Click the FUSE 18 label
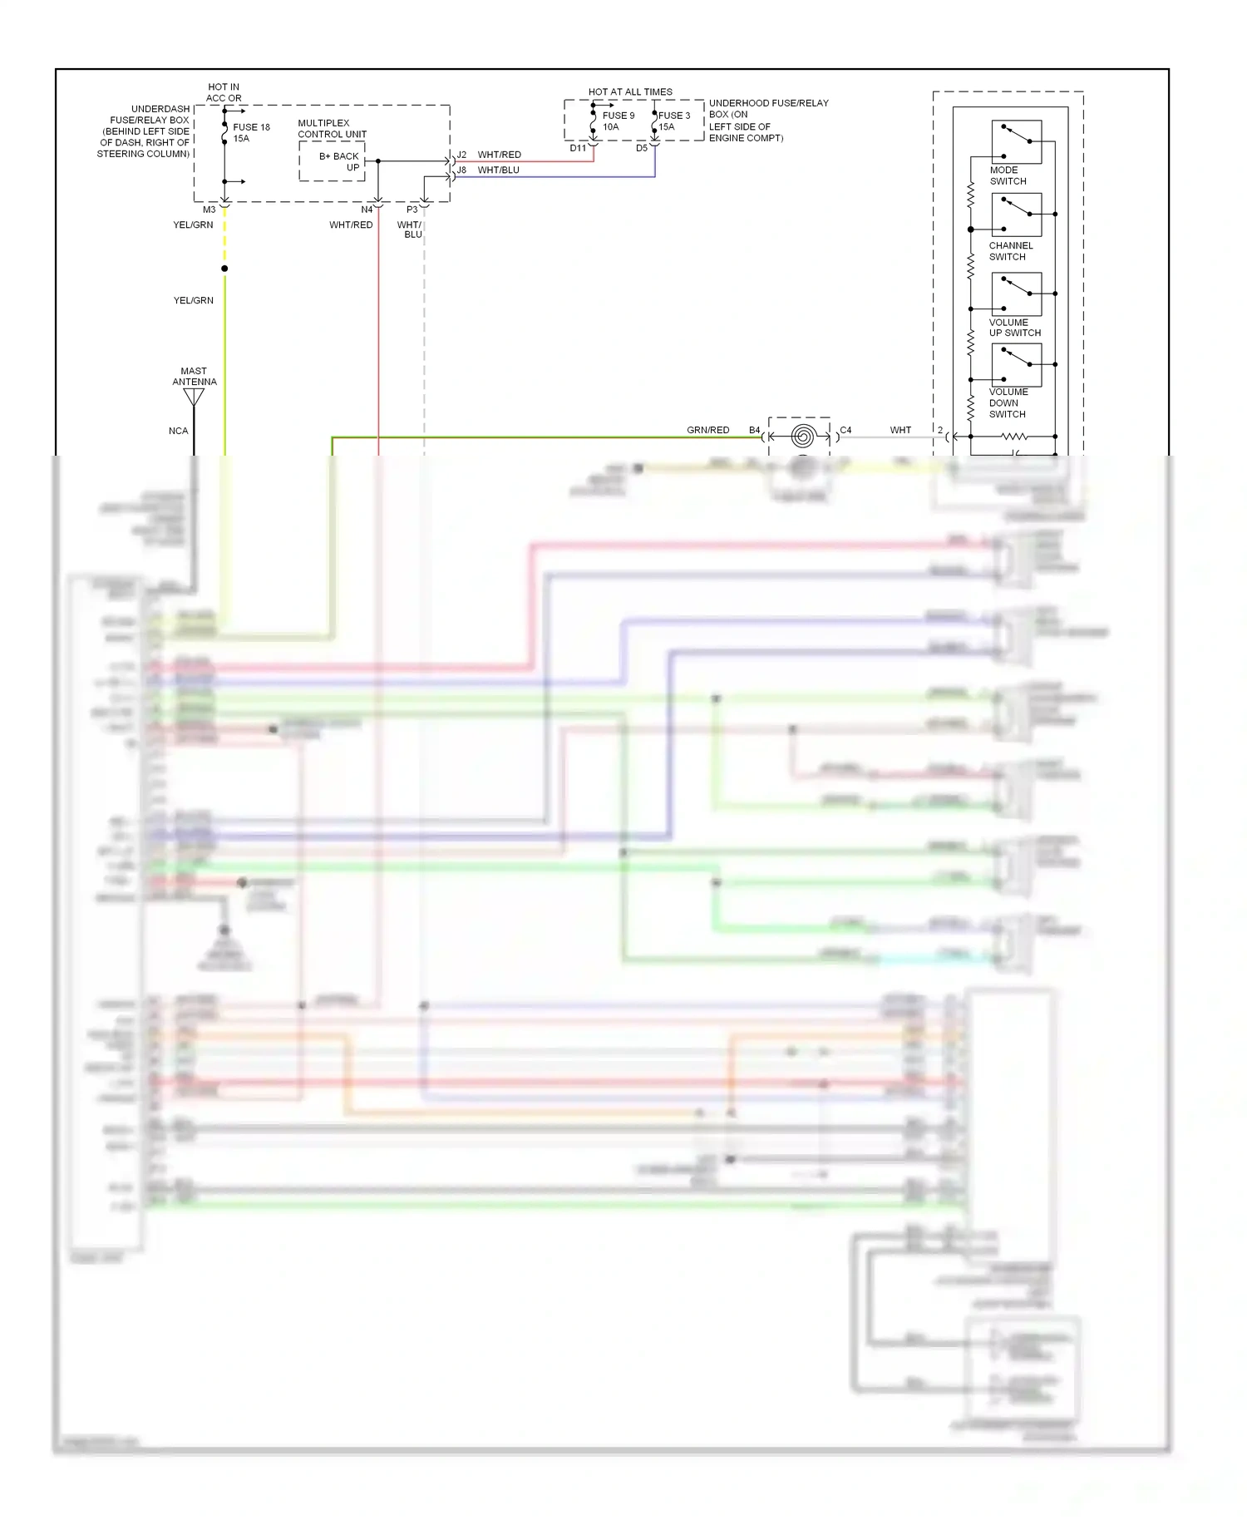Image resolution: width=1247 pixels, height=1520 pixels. pyautogui.click(x=251, y=127)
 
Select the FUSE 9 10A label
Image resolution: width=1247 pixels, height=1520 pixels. pyautogui.click(x=618, y=121)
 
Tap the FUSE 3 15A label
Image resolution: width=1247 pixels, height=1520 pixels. pyautogui.click(x=673, y=121)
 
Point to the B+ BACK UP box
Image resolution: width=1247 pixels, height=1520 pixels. pyautogui.click(x=332, y=161)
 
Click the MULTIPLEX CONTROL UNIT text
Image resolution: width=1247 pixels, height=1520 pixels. pyautogui.click(x=332, y=128)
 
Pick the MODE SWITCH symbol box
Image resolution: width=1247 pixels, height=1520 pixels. pyautogui.click(x=1016, y=142)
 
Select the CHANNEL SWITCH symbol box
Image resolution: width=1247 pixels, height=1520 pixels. pyautogui.click(x=1016, y=215)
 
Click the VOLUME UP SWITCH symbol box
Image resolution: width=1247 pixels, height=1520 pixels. pyautogui.click(x=1016, y=294)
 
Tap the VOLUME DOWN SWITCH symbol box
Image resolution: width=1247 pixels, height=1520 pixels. pyautogui.click(x=1016, y=365)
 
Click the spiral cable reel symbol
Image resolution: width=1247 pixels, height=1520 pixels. pyautogui.click(x=802, y=436)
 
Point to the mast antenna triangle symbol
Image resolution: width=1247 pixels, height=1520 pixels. pyautogui.click(x=194, y=397)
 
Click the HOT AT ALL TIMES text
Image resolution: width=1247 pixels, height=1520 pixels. pyautogui.click(x=630, y=92)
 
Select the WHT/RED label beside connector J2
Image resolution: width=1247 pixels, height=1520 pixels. pyautogui.click(x=499, y=155)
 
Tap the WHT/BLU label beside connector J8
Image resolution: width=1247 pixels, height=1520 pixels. pyautogui.click(x=498, y=170)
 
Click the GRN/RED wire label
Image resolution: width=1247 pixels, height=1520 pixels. pyautogui.click(x=707, y=430)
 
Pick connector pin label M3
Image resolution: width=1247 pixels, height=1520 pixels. pyautogui.click(x=209, y=210)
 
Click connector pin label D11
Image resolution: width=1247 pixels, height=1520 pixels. pyautogui.click(x=578, y=148)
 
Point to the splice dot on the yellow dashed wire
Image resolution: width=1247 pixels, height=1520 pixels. pyautogui.click(x=224, y=269)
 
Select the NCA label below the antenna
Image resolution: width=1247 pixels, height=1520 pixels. pyautogui.click(x=178, y=431)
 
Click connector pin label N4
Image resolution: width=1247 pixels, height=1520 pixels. pyautogui.click(x=367, y=210)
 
